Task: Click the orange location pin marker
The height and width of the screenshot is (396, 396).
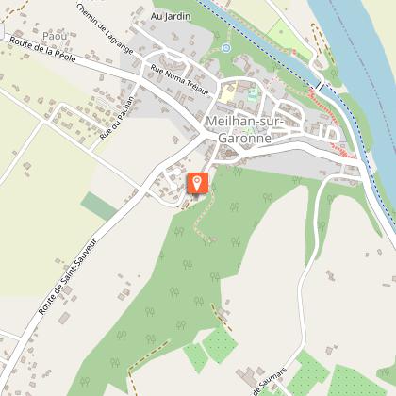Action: [197, 183]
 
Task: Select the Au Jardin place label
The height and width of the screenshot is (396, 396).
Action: [170, 17]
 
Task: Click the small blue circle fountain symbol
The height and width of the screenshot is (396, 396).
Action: [225, 47]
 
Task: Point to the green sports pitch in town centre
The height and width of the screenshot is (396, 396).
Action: [251, 94]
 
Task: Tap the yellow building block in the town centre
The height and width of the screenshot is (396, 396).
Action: [230, 93]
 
